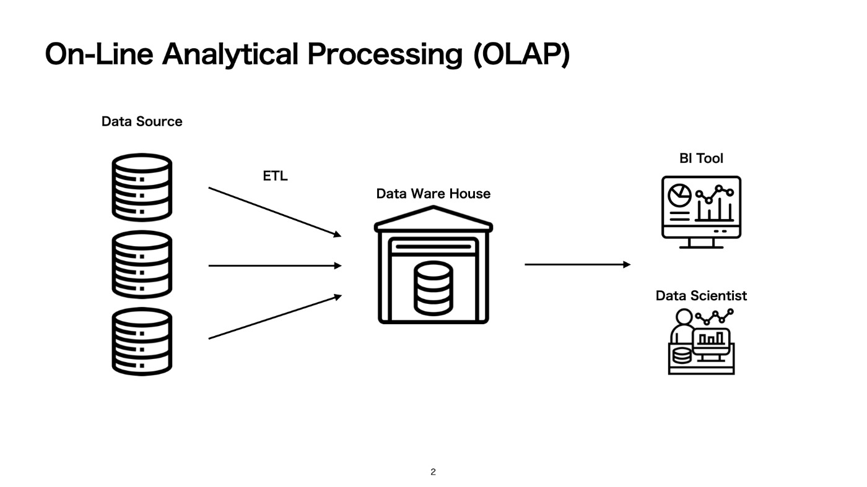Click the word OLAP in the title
(521, 54)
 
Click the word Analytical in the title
(230, 55)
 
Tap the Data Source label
(142, 121)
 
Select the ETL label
(275, 176)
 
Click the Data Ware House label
(433, 194)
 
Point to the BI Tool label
(701, 158)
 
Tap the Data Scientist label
(701, 296)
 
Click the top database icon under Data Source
(142, 187)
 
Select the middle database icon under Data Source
(142, 265)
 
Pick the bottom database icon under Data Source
(142, 342)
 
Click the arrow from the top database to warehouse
(275, 212)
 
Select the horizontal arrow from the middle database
(275, 265)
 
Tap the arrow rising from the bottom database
(275, 317)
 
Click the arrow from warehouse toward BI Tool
(577, 265)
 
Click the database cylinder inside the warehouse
(433, 288)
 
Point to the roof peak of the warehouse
(433, 207)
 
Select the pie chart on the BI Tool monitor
(680, 196)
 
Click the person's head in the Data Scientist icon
(684, 317)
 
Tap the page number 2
(433, 472)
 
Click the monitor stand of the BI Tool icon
(701, 243)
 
